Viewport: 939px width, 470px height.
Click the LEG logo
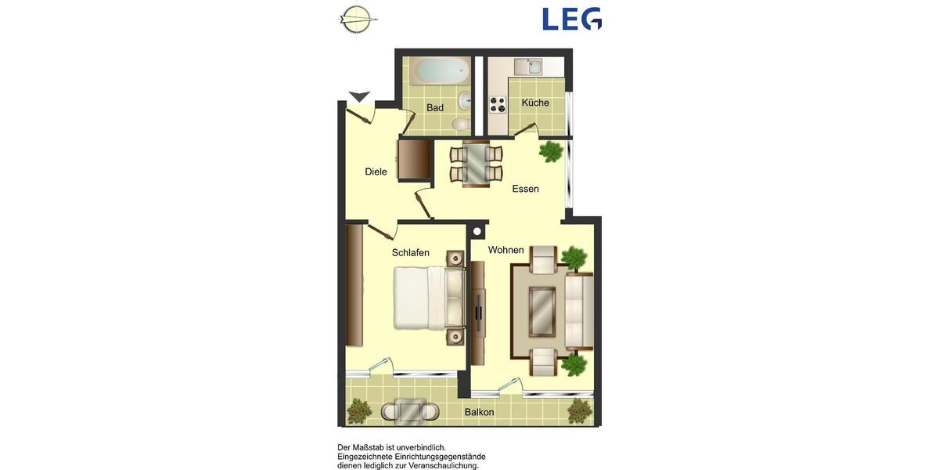point(572,19)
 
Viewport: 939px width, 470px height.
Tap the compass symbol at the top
point(357,19)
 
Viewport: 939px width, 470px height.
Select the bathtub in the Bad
point(441,71)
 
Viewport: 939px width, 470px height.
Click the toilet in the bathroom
point(462,123)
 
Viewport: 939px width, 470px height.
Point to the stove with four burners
point(498,104)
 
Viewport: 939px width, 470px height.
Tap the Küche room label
point(535,103)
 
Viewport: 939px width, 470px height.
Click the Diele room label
point(376,172)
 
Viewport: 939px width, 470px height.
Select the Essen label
point(526,189)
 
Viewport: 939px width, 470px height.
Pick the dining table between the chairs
point(476,164)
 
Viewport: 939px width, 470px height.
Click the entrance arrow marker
point(359,96)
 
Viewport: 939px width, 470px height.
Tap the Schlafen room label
point(411,252)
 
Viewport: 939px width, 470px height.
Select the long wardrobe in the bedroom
point(354,285)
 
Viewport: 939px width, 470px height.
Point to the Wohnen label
point(505,250)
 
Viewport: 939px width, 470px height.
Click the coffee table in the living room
point(542,312)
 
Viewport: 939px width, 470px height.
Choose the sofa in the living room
point(579,311)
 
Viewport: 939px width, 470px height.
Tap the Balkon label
point(479,412)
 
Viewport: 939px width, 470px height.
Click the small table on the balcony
point(409,410)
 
